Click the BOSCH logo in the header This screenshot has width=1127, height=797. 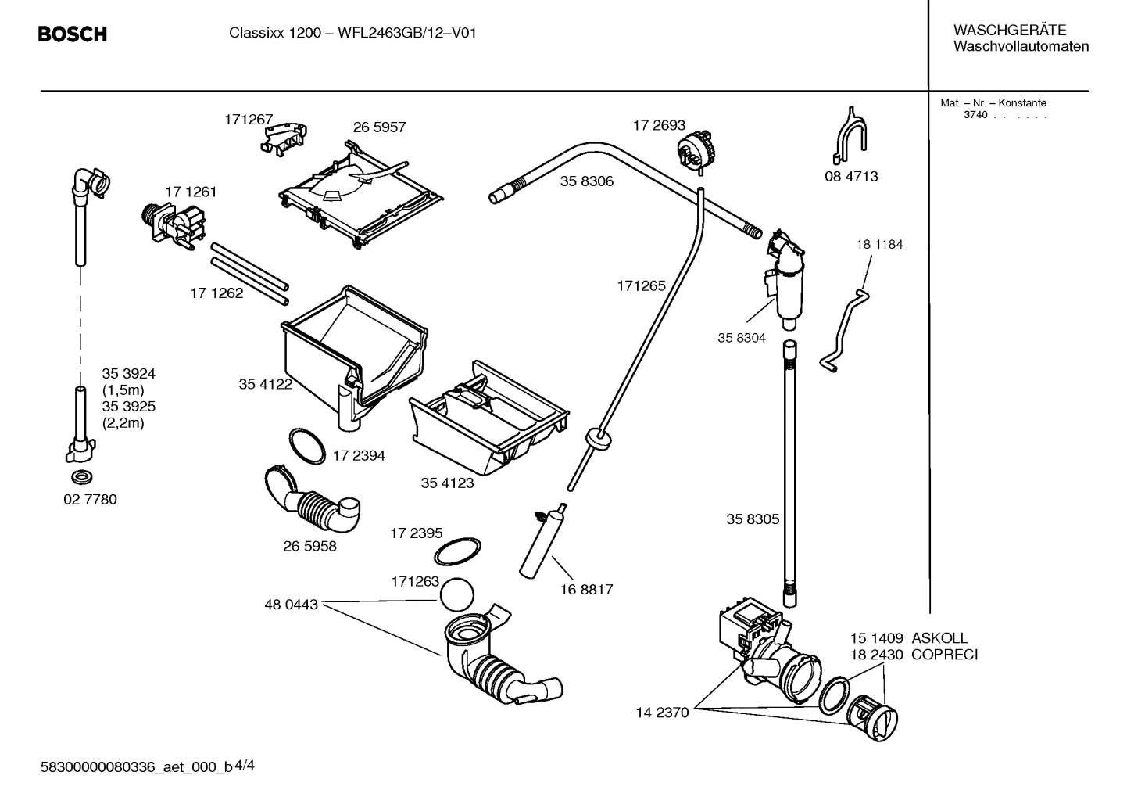(x=72, y=34)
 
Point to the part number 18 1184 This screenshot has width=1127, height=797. (x=879, y=244)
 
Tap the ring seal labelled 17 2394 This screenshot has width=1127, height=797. (x=307, y=446)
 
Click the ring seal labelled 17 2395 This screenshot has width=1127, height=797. (x=457, y=551)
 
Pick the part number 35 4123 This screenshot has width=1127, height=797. (x=447, y=483)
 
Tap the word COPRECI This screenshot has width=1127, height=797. (x=944, y=655)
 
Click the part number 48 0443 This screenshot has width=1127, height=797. (x=291, y=605)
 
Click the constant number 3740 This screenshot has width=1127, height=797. (x=975, y=115)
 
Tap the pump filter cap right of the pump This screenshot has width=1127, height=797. (x=874, y=715)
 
